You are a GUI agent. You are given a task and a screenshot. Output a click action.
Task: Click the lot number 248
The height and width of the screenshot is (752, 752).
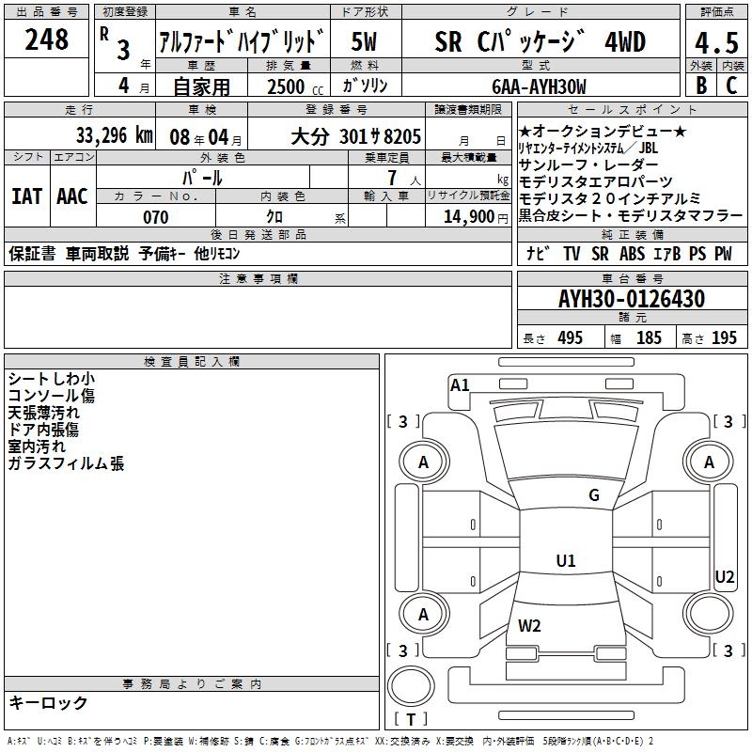coord(47,39)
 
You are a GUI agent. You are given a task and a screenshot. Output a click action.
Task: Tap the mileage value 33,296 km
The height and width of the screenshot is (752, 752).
coord(115,135)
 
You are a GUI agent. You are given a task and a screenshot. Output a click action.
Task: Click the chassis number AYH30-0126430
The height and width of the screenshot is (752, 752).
coord(632,299)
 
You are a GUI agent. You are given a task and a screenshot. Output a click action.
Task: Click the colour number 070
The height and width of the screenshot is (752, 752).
coord(155,217)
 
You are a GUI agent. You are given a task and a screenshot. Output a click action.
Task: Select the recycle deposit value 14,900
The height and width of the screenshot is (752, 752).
coord(466,217)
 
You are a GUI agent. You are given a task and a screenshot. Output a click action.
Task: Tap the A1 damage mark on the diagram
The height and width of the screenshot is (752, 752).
coord(460,384)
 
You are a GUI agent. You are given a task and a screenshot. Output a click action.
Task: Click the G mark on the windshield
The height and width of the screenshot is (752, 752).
coord(594,495)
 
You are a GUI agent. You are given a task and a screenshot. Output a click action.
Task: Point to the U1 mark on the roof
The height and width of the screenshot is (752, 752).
coord(566,561)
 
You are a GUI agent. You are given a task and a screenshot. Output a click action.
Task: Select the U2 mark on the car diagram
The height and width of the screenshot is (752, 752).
coord(725,576)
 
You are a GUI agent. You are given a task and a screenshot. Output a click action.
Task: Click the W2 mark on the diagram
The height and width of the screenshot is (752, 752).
coord(530,625)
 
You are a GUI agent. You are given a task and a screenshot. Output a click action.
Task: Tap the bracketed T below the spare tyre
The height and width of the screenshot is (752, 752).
coord(411,720)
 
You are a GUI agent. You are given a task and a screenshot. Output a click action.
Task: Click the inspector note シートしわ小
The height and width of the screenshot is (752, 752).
coord(51,379)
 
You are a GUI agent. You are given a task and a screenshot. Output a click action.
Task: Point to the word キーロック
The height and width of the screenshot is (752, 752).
coord(48,703)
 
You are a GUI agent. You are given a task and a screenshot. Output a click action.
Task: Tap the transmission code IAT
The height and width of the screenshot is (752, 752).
coord(27,196)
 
